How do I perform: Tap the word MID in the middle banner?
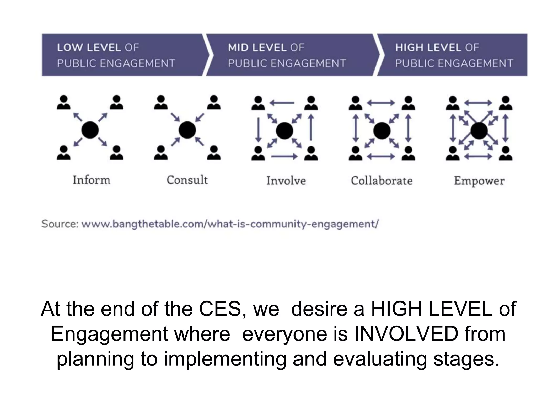pyautogui.click(x=238, y=47)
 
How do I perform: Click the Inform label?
pyautogui.click(x=92, y=180)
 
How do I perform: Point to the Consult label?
pyautogui.click(x=187, y=180)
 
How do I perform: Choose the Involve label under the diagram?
pyautogui.click(x=286, y=181)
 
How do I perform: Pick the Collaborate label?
pyautogui.click(x=382, y=181)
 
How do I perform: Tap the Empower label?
pyautogui.click(x=479, y=181)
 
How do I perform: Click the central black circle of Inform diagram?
pyautogui.click(x=90, y=130)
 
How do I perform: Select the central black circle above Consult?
pyautogui.click(x=187, y=130)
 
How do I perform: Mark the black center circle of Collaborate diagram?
pyautogui.click(x=382, y=130)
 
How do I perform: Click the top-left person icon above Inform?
pyautogui.click(x=64, y=102)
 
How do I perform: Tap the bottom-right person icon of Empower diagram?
pyautogui.click(x=506, y=153)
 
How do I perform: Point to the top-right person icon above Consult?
pyautogui.click(x=214, y=102)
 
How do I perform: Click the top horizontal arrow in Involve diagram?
pyautogui.click(x=282, y=103)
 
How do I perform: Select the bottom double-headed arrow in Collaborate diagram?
pyautogui.click(x=381, y=157)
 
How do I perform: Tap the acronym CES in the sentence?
pyautogui.click(x=220, y=309)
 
